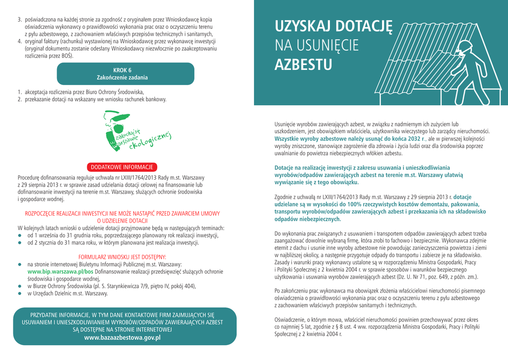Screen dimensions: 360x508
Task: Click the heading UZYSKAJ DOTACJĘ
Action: (333, 26)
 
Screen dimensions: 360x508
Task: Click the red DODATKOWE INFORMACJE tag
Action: (122, 167)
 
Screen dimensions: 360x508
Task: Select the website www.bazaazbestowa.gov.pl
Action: (123, 338)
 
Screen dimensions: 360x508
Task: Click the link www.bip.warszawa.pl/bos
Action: (60, 272)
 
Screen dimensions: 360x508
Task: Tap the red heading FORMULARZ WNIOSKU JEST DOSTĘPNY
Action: (122, 257)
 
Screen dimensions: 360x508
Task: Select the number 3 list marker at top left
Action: (19, 19)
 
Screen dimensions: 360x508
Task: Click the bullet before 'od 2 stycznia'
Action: (20, 243)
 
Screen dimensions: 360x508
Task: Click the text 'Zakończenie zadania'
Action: (122, 78)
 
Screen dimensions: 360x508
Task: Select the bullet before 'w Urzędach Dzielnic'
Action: (20, 293)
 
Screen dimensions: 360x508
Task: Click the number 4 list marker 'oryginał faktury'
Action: (19, 41)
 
